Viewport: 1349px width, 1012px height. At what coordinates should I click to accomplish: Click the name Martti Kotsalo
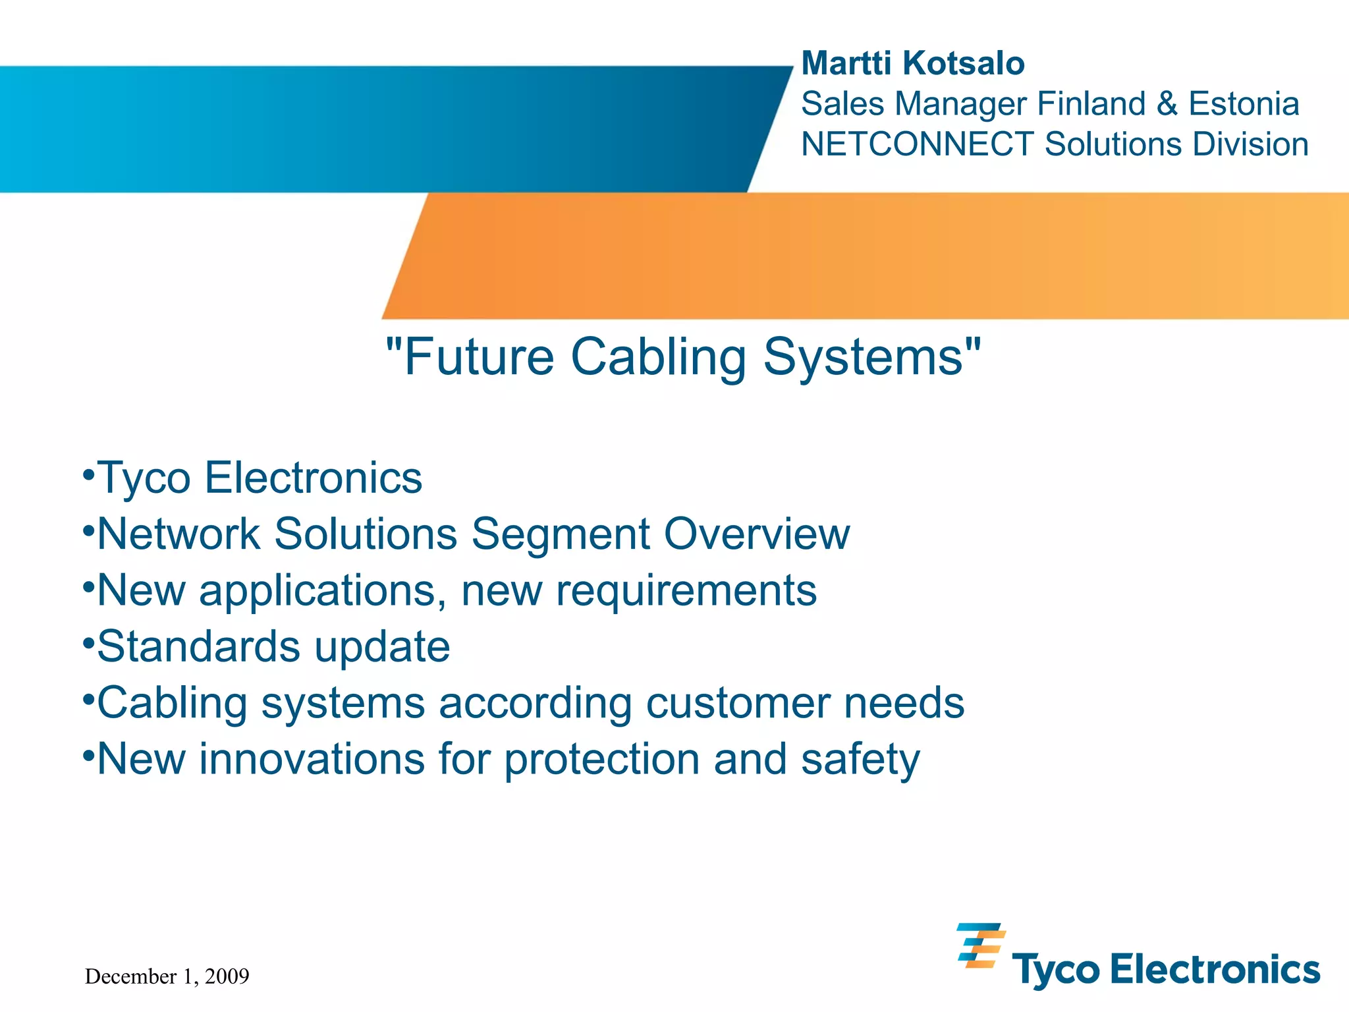click(x=912, y=64)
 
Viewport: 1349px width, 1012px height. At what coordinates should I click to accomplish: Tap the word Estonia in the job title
click(x=1243, y=104)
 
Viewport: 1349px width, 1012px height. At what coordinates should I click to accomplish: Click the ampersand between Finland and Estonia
click(x=1167, y=104)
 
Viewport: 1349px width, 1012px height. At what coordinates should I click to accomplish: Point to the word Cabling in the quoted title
click(x=658, y=358)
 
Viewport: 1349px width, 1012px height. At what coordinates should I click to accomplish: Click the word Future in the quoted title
click(x=479, y=358)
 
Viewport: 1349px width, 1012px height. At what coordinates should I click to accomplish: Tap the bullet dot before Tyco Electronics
click(x=88, y=473)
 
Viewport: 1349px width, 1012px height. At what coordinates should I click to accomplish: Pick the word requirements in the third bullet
click(x=686, y=591)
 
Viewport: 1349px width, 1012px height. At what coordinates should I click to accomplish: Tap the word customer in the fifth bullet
click(x=738, y=703)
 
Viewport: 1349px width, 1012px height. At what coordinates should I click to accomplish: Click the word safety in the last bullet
click(x=860, y=760)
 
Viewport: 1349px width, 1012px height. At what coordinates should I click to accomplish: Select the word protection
click(x=602, y=760)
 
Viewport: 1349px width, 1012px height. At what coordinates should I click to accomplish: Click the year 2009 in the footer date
click(x=227, y=976)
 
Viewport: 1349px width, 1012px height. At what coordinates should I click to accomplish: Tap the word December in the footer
click(x=131, y=976)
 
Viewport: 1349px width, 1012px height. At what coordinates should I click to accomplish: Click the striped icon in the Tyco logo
click(x=980, y=945)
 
